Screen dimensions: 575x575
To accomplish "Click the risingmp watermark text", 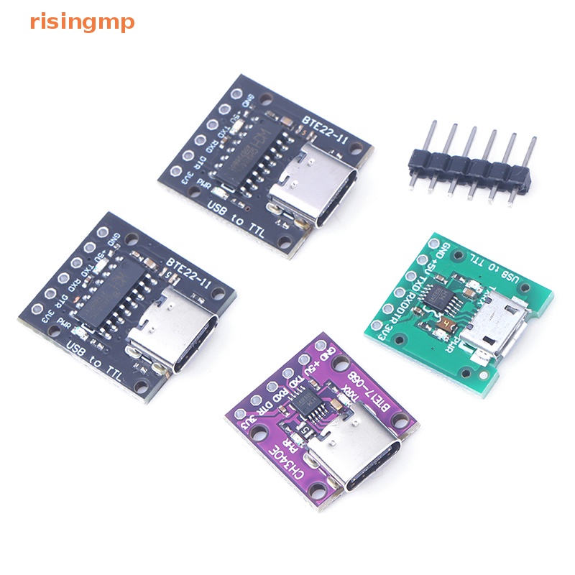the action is [x=82, y=22].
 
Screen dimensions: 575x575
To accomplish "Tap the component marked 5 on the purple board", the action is [x=308, y=431].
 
